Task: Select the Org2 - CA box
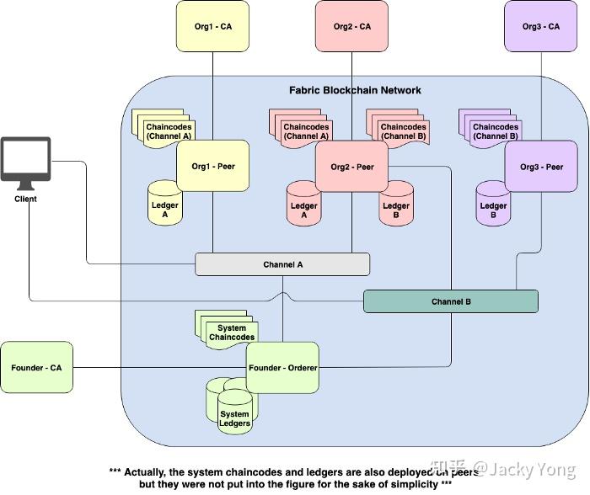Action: click(x=351, y=27)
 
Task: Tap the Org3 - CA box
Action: click(x=541, y=27)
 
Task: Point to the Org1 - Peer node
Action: click(x=213, y=166)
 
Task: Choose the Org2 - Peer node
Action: click(x=352, y=167)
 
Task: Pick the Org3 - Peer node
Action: click(x=541, y=167)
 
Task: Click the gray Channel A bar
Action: click(x=282, y=264)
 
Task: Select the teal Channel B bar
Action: click(x=450, y=301)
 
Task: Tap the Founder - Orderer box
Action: click(x=282, y=367)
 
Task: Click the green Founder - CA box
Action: click(x=37, y=368)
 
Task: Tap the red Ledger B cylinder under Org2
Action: click(x=396, y=204)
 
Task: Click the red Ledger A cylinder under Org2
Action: click(x=304, y=204)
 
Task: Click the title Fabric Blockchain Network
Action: click(x=355, y=90)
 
